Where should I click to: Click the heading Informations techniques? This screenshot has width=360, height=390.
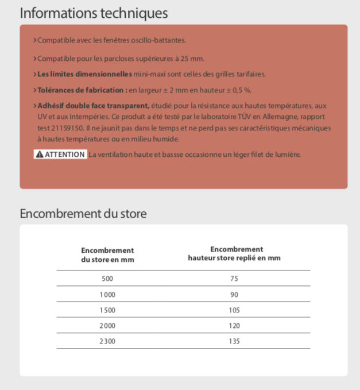click(x=94, y=13)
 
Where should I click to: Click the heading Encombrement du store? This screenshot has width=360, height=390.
click(x=83, y=214)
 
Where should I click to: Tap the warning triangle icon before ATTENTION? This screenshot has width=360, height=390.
click(x=39, y=155)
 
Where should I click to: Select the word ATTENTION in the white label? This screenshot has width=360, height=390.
click(x=64, y=155)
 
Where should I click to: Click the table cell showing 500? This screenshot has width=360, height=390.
click(x=107, y=279)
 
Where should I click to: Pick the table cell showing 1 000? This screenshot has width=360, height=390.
click(x=107, y=294)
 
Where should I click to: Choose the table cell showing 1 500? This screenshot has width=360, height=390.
click(x=107, y=310)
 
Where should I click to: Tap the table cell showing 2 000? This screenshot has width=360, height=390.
click(x=107, y=326)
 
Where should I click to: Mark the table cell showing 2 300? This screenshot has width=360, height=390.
click(x=107, y=341)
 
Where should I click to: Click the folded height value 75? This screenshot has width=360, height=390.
click(x=234, y=279)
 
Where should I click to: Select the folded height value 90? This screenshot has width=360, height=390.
click(x=234, y=294)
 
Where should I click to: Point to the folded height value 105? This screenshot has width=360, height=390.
click(x=234, y=310)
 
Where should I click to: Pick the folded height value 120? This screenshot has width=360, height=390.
click(x=234, y=326)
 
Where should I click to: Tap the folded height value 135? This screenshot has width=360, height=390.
click(x=234, y=341)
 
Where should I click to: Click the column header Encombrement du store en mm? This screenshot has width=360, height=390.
click(x=107, y=254)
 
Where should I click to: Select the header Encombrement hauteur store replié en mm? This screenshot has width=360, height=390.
click(x=234, y=253)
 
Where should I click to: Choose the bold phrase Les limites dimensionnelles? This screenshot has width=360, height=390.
click(x=84, y=75)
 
